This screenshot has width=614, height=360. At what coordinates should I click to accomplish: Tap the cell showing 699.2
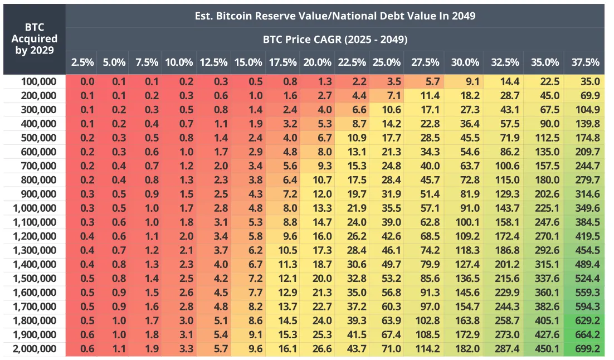point(584,349)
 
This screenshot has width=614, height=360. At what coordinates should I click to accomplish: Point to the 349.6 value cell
point(584,208)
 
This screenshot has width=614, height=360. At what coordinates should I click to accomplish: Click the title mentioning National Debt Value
point(334,16)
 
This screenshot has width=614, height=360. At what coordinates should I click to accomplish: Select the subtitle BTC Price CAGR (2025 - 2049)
point(334,40)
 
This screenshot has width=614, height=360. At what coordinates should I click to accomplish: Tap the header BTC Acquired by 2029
point(33,38)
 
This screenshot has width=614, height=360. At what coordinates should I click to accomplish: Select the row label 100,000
point(38,81)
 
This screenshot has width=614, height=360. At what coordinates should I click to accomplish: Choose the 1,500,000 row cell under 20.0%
point(316,279)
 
